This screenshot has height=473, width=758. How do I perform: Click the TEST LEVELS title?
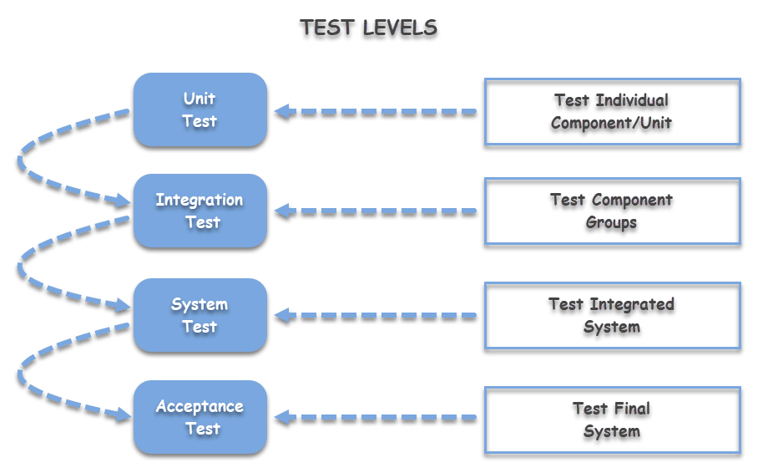click(369, 28)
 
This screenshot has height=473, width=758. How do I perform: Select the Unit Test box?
click(200, 110)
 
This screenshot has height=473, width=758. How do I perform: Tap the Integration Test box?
click(200, 211)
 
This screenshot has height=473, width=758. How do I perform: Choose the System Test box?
click(200, 315)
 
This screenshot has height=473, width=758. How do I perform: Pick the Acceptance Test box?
click(200, 417)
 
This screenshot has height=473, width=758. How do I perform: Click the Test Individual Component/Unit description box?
click(611, 113)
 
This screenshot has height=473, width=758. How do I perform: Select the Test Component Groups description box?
click(611, 212)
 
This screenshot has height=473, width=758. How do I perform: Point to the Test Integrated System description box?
click(611, 316)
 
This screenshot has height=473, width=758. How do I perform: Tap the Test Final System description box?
click(611, 420)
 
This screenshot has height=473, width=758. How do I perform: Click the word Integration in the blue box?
click(200, 201)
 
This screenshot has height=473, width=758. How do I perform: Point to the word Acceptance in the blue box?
click(200, 407)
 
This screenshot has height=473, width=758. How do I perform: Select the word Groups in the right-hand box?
click(611, 223)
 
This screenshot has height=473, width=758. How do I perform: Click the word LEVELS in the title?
click(399, 28)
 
